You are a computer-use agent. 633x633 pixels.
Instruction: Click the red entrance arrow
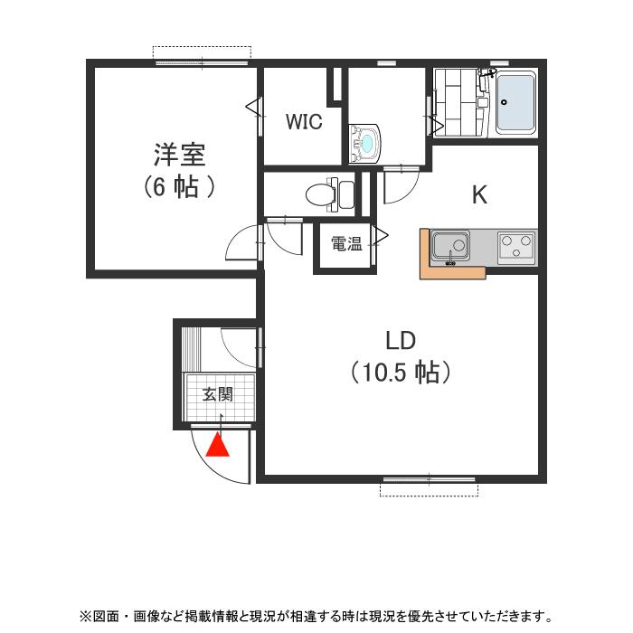(219, 445)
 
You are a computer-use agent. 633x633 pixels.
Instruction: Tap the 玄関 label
(217, 394)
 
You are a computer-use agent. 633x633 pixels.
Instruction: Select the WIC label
(304, 123)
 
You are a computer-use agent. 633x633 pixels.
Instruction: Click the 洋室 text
(179, 155)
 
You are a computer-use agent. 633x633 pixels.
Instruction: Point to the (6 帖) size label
(179, 187)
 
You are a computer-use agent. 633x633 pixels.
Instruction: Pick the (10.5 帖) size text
(400, 372)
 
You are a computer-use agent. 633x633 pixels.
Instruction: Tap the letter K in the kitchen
(479, 194)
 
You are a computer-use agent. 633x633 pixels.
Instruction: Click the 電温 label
(345, 243)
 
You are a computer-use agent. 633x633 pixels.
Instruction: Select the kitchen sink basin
(449, 245)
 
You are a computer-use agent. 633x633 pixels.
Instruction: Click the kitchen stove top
(516, 245)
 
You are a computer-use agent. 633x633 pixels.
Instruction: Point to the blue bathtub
(516, 102)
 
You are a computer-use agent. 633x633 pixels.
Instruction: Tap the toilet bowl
(319, 194)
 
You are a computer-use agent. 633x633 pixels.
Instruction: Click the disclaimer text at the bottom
(316, 617)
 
